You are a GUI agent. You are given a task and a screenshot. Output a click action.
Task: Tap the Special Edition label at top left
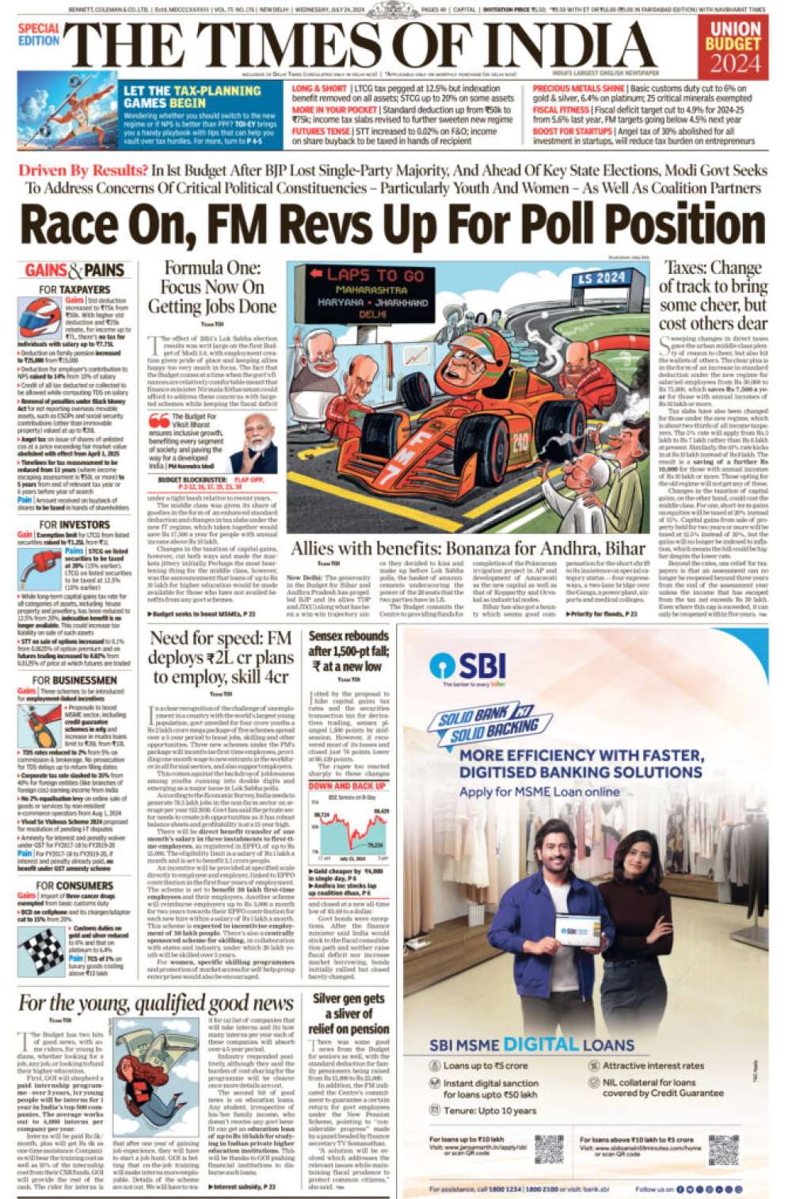[38, 34]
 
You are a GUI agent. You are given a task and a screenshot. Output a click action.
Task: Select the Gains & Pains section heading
[74, 271]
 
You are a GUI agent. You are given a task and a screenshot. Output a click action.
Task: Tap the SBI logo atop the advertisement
[467, 666]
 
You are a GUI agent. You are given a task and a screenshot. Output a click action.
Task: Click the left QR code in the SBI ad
[548, 1149]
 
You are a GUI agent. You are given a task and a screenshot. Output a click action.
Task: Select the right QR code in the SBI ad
[723, 1149]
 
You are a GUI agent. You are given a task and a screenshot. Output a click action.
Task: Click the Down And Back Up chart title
[348, 786]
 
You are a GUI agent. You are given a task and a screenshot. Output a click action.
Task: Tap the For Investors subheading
[74, 524]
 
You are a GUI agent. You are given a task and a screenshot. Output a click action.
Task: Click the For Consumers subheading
[74, 885]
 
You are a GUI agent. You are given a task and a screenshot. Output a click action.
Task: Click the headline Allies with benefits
[467, 549]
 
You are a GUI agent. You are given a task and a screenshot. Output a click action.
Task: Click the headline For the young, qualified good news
[156, 1003]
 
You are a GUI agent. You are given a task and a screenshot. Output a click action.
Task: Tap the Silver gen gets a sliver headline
[348, 1014]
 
